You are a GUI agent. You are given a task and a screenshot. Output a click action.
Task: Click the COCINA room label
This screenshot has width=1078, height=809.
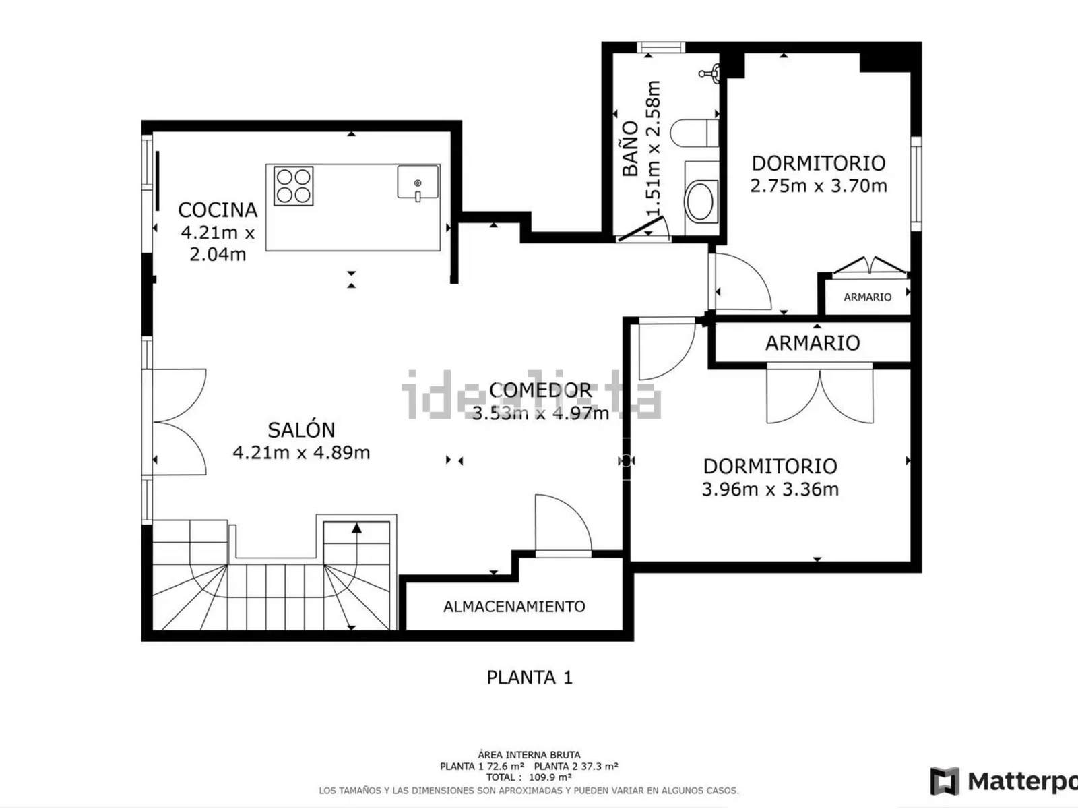point(218,210)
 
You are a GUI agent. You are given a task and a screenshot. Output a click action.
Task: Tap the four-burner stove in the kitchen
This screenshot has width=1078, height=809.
point(294,185)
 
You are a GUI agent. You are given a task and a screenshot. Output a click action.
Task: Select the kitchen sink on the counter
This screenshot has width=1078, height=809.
point(418,182)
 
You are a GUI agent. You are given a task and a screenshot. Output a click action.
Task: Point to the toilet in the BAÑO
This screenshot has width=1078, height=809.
point(695,133)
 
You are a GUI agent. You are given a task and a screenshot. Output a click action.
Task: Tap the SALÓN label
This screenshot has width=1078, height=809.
point(301,430)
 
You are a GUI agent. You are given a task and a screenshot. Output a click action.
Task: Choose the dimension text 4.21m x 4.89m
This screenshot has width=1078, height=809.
point(301,452)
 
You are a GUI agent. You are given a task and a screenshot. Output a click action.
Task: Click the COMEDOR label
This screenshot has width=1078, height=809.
point(540,390)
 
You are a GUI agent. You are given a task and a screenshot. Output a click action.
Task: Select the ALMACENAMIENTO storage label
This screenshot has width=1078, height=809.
point(514,607)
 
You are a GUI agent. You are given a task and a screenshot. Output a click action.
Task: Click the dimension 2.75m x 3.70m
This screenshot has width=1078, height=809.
point(819,186)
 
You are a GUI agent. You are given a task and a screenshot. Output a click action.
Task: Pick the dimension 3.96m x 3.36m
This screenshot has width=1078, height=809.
point(770,489)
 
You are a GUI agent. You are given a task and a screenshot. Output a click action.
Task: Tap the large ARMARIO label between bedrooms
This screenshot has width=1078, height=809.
point(813,343)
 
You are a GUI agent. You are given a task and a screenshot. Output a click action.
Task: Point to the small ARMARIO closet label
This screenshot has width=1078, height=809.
point(867,297)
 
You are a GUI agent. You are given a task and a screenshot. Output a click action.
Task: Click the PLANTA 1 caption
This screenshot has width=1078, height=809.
point(530,678)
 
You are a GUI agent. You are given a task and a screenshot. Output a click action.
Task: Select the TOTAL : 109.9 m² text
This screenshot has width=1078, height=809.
point(529,777)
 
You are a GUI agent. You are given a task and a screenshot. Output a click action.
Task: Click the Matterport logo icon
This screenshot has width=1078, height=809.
point(945,781)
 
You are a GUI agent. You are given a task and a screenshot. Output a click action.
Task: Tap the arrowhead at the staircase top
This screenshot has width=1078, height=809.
point(356,528)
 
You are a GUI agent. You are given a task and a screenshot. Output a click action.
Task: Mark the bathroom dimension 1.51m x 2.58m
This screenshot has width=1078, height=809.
point(653,148)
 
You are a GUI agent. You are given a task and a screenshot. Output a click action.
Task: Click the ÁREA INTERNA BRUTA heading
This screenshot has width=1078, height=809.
point(529,754)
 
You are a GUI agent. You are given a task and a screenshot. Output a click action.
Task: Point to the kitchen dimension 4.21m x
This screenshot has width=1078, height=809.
point(218,233)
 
